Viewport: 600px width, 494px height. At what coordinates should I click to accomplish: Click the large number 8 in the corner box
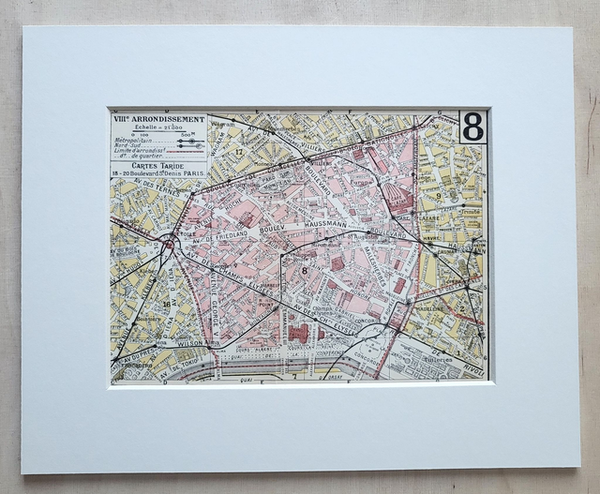pyautogui.click(x=472, y=127)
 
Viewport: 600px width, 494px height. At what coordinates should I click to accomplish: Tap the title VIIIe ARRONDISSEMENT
pyautogui.click(x=156, y=120)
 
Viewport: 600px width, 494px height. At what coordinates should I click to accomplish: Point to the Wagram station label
pyautogui.click(x=223, y=123)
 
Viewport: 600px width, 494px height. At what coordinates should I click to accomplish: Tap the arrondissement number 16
pyautogui.click(x=167, y=304)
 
